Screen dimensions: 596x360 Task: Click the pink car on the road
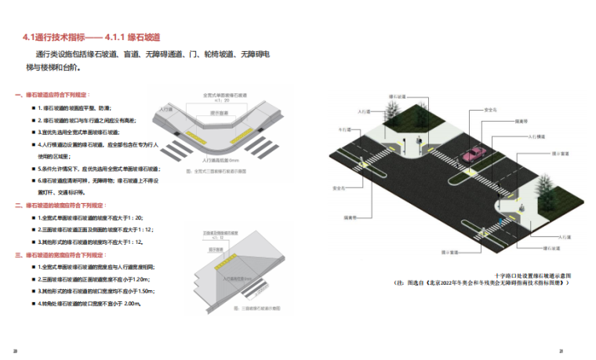pos(474,154)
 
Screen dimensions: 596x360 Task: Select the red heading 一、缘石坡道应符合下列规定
pos(53,95)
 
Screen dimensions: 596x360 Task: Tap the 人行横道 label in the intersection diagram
pos(535,137)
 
